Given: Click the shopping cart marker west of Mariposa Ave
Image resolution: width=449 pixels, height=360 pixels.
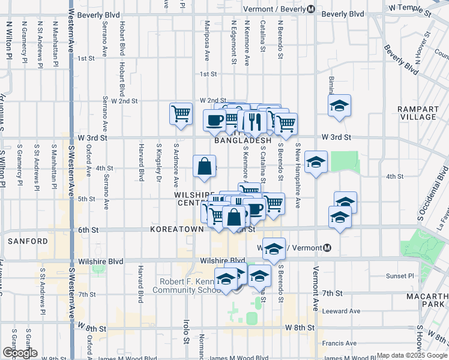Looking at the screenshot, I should pos(181,112).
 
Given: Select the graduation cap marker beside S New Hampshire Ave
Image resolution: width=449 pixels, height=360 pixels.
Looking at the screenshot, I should pos(316,161).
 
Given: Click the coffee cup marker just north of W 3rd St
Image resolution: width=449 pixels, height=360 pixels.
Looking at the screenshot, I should pos(215,119).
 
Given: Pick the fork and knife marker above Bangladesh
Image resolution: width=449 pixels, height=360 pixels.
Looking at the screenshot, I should pos(255,121).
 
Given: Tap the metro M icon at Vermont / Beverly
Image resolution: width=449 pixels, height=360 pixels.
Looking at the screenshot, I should pos(311,9).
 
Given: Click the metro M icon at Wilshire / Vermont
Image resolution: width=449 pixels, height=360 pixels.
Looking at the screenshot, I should pos(328,248).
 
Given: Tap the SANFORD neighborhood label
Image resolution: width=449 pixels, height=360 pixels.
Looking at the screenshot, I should pos(28,241).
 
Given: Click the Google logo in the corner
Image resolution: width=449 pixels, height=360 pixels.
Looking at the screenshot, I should pos(20,353).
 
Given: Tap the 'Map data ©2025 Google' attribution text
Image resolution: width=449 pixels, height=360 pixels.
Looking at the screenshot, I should pos(411,355).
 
